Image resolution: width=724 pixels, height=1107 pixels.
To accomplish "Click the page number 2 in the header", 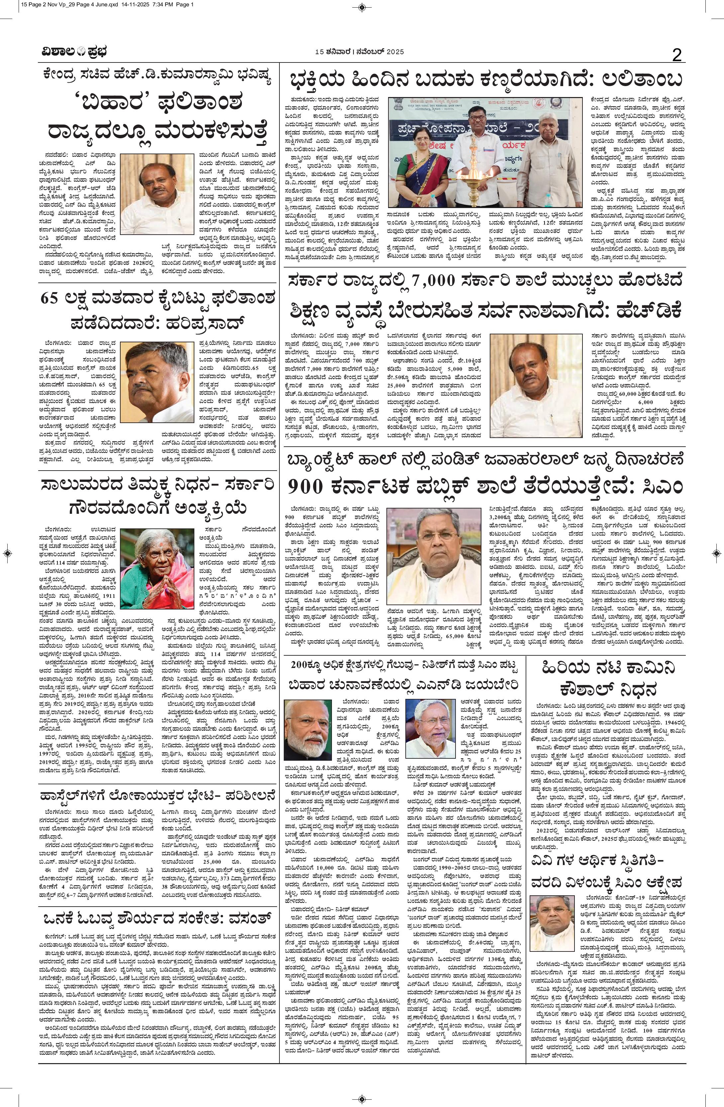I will coord(677,56).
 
